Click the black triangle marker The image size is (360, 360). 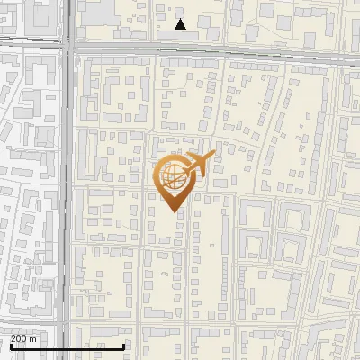click(x=180, y=24)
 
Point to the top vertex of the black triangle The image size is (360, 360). click(x=180, y=19)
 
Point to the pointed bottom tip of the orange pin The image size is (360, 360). click(x=172, y=211)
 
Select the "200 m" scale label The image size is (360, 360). click(x=23, y=337)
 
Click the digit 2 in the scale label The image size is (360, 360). click(x=13, y=337)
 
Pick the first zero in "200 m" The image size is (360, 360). click(x=19, y=337)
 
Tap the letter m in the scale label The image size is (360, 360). click(x=33, y=337)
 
